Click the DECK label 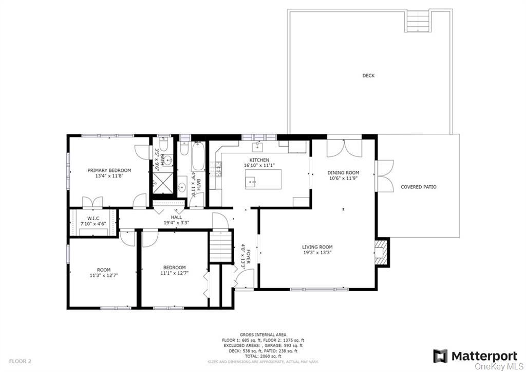coord(368,76)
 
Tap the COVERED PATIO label coord(419,187)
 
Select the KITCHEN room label coord(259,160)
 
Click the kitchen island coord(263,179)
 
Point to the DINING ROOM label coord(343,173)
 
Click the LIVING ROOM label coord(317,247)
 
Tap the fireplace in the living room coord(382,252)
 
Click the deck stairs coord(418,21)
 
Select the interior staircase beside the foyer coord(221,246)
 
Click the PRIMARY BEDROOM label coord(109,170)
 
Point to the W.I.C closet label coord(93,219)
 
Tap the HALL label coord(176,218)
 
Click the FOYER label coord(249,254)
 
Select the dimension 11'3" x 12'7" coord(104,275)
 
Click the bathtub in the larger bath coord(198,156)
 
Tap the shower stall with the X coord(163,183)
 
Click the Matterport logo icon coord(440,356)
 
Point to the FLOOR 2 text coord(20,362)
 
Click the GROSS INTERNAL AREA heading coord(263,335)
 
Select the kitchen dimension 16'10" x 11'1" coord(259,165)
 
